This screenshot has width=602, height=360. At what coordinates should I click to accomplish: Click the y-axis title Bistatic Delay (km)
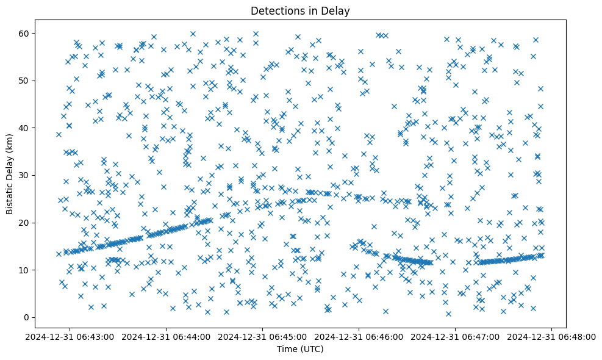[10, 174]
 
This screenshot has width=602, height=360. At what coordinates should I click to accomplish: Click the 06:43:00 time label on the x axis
[70, 337]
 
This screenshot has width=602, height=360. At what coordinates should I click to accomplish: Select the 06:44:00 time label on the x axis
[167, 337]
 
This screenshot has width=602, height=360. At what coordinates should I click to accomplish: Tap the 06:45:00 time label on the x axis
[263, 337]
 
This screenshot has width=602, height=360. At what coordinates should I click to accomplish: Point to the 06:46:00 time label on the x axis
[359, 337]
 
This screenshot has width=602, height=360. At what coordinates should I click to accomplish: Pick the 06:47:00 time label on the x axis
[456, 337]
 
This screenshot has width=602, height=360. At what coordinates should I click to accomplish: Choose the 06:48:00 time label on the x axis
[552, 337]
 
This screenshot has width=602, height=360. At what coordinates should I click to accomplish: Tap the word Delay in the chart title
[338, 10]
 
